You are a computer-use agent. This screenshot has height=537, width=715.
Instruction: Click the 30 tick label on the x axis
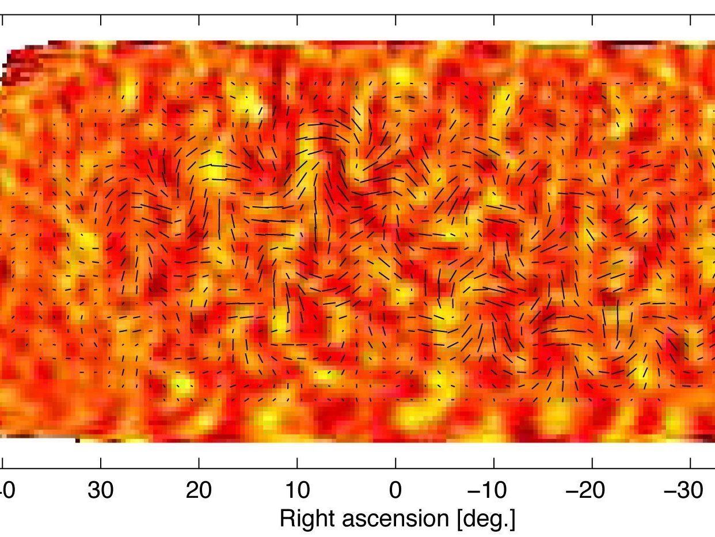click(x=101, y=490)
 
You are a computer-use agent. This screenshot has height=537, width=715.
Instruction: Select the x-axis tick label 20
click(x=199, y=490)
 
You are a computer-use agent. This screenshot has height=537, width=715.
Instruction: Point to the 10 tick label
click(x=297, y=490)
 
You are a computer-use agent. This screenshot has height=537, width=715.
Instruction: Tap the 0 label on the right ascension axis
click(x=395, y=490)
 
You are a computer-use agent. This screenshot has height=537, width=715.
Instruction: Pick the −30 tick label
click(x=686, y=490)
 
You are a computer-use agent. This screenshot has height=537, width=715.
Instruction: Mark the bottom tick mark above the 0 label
click(x=395, y=463)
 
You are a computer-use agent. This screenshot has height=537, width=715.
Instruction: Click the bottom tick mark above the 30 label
click(x=101, y=463)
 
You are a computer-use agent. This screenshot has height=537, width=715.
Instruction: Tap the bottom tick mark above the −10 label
click(x=494, y=463)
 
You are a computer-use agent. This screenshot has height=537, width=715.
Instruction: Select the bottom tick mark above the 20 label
click(x=199, y=463)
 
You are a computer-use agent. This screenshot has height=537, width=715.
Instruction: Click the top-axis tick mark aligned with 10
click(x=297, y=20)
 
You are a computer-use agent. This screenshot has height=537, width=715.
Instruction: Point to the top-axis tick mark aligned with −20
click(x=592, y=20)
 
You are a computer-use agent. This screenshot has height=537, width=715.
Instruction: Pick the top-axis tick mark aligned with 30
click(x=101, y=20)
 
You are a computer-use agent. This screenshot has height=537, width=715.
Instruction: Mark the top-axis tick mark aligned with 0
click(x=395, y=20)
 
